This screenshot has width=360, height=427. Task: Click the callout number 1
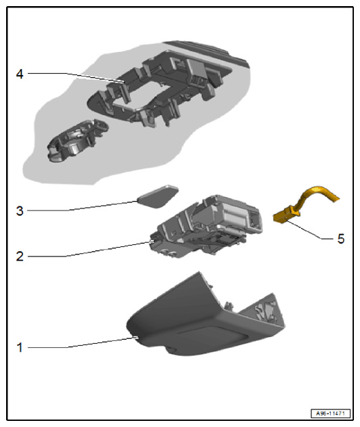click(20, 348)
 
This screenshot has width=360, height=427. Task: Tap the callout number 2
click(20, 256)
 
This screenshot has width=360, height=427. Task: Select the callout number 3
click(20, 211)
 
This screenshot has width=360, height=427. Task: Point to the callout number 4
click(20, 74)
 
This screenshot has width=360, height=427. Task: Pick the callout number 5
click(341, 239)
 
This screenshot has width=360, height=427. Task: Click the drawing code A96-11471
click(330, 413)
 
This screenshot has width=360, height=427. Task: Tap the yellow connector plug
click(286, 215)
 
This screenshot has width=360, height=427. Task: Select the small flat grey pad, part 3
click(158, 196)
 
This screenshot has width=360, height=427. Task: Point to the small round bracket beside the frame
click(78, 141)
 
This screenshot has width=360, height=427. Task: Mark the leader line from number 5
click(310, 230)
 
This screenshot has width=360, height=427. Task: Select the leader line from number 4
click(76, 77)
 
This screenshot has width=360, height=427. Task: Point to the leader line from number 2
click(90, 249)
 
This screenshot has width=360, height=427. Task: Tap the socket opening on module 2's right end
click(255, 219)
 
